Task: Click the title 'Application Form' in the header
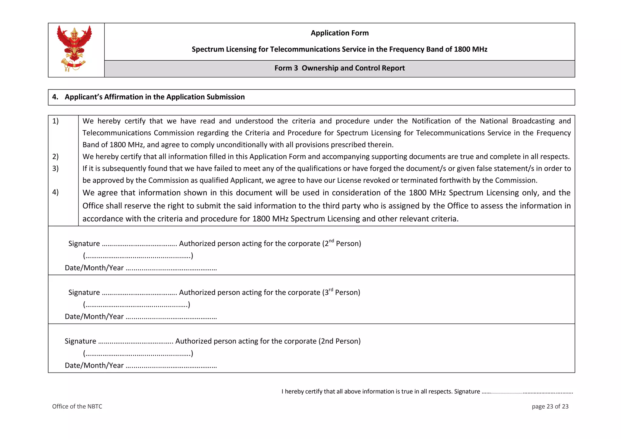(x=339, y=33)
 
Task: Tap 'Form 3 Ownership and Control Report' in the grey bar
(x=339, y=68)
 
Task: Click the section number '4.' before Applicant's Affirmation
(x=55, y=97)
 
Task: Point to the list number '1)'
(x=55, y=121)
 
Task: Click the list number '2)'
(x=55, y=157)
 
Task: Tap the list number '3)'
(x=55, y=168)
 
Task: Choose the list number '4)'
(x=55, y=192)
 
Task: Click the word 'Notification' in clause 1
(x=431, y=121)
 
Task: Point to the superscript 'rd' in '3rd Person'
(x=331, y=290)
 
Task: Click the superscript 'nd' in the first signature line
(x=331, y=241)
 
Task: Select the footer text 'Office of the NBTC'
(x=77, y=407)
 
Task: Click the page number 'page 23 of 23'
(x=550, y=407)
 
